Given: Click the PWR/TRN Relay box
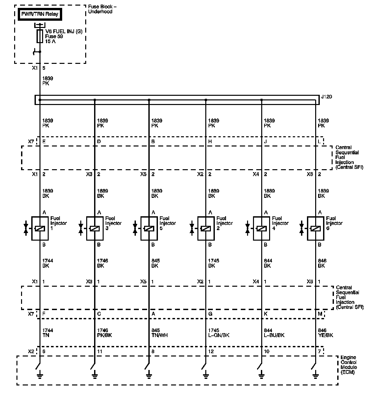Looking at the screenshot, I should tap(40, 14).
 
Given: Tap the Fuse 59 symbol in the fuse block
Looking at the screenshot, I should tap(40, 36).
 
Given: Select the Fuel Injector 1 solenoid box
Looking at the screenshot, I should tap(40, 228).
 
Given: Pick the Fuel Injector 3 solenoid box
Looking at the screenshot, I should tap(95, 228).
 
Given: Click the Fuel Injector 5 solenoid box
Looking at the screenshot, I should tap(149, 228).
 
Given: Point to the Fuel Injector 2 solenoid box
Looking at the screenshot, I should tap(206, 228).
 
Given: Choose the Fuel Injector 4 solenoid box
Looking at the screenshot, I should tap(262, 228).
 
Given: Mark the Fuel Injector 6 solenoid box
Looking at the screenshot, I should tap(316, 228).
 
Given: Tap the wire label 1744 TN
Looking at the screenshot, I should tap(48, 333).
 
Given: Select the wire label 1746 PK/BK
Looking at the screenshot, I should tap(105, 333).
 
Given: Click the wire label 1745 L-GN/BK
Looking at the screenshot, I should tap(219, 333).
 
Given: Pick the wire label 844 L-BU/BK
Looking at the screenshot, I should tap(274, 333).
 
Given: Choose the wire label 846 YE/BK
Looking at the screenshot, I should tap(326, 333).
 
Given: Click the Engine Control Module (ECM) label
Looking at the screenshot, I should tap(349, 365).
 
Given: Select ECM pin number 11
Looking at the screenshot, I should tap(100, 352).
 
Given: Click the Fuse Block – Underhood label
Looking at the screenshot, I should tap(102, 9).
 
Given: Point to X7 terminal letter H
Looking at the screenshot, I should tap(210, 142).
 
